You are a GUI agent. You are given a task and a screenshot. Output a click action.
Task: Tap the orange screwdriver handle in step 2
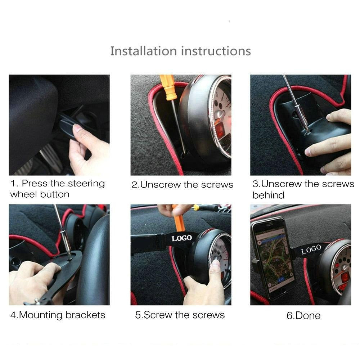coord(168,87)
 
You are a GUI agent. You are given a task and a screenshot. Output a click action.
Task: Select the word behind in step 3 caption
coord(268,195)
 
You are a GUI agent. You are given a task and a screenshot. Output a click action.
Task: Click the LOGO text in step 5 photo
coord(181,238)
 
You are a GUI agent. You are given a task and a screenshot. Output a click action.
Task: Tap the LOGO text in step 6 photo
coord(311,249)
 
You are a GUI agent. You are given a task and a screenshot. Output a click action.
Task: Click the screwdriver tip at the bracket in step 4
coord(69,255)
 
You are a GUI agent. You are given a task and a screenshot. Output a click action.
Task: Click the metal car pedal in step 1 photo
coord(50,158)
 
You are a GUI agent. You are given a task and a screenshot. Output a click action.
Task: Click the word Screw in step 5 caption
coord(158,315)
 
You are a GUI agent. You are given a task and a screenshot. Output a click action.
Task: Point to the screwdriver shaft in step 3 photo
coord(295,101)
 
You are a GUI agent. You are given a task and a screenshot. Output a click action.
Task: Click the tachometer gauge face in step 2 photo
coord(220,115)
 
